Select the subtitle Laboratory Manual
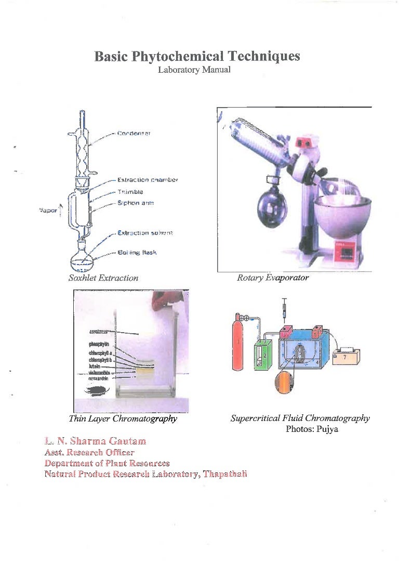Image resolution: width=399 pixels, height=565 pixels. click(190, 70)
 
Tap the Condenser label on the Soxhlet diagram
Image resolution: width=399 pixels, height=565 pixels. click(134, 134)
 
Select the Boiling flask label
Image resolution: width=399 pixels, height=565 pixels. click(137, 253)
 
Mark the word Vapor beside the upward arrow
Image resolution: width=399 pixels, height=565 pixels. click(47, 211)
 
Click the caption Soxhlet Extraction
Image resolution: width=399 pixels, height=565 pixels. click(103, 278)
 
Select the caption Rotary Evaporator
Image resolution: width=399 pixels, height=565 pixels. click(273, 278)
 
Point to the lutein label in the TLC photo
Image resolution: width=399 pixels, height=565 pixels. click(96, 366)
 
